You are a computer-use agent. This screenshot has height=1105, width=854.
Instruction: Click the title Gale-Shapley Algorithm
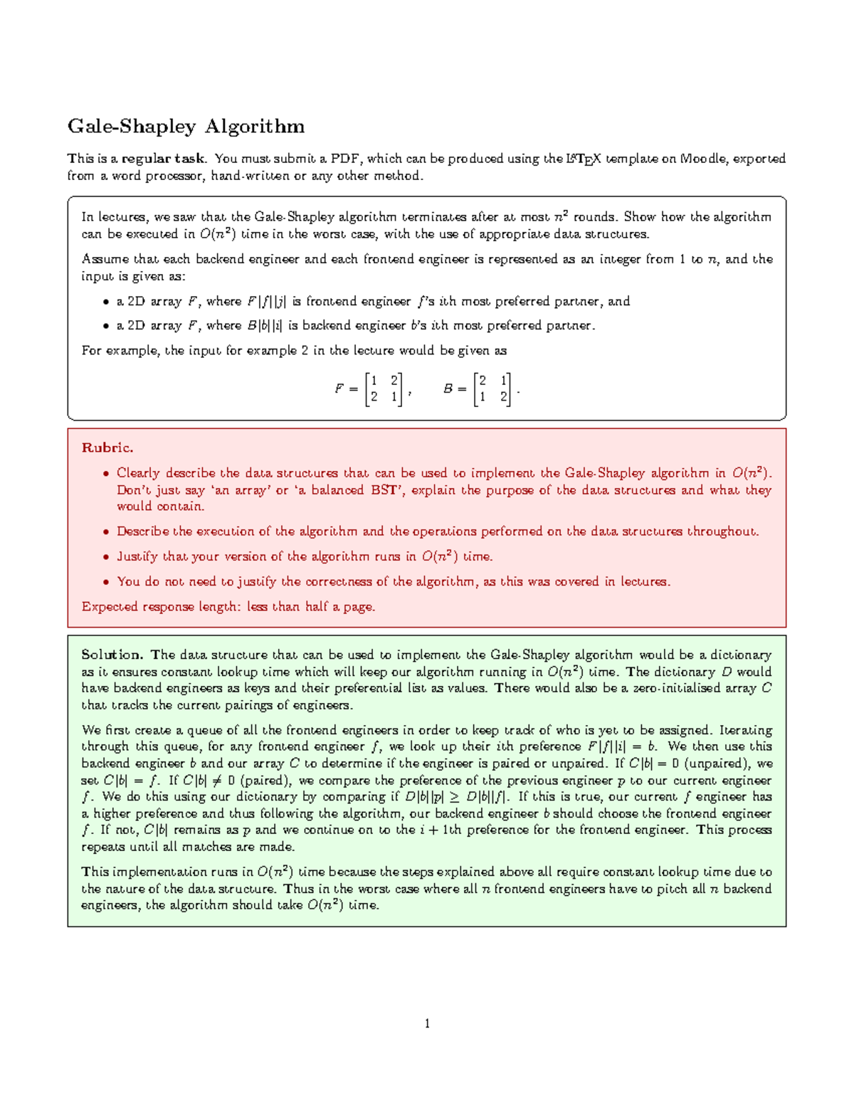pos(186,127)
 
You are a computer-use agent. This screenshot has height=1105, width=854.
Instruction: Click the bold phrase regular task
pos(163,159)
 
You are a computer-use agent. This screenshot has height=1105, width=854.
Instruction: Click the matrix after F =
pos(384,388)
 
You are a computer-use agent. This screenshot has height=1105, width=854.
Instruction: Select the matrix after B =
pos(492,388)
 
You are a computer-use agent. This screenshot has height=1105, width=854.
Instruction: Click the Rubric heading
pos(107,448)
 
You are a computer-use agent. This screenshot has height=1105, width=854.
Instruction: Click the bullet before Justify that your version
pos(106,557)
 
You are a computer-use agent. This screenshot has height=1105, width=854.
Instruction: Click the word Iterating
pos(745,730)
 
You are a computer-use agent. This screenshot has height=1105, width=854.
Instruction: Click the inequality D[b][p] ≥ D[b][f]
pos(458,797)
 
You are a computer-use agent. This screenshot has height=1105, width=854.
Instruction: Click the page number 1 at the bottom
pos(427,1024)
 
